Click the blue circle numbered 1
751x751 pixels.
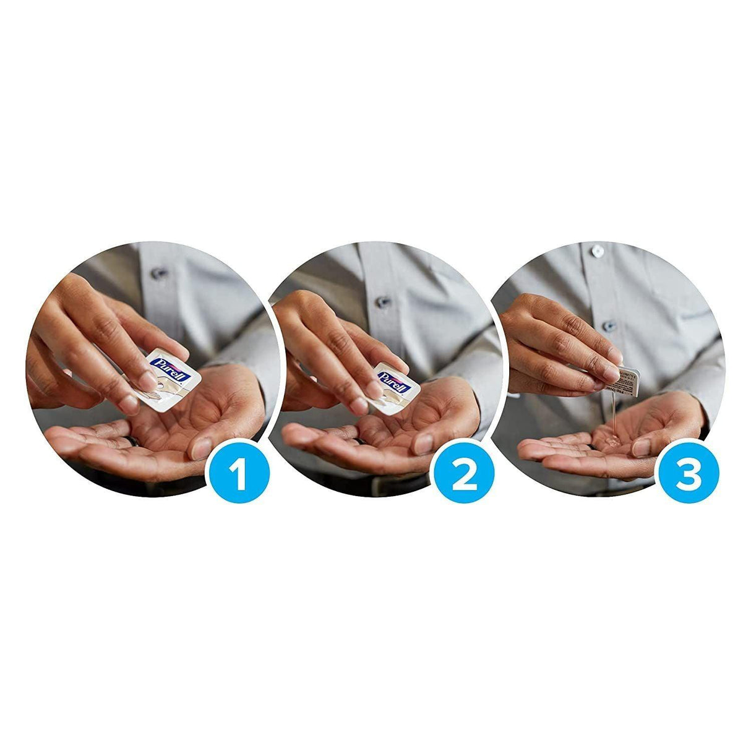tap(238, 476)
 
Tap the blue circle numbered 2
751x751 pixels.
tap(464, 476)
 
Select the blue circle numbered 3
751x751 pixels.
tap(688, 476)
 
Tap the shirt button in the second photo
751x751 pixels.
tap(384, 302)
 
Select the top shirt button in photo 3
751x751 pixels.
tap(597, 251)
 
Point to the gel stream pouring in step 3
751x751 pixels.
tap(611, 414)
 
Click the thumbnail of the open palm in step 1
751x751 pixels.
tap(200, 448)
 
